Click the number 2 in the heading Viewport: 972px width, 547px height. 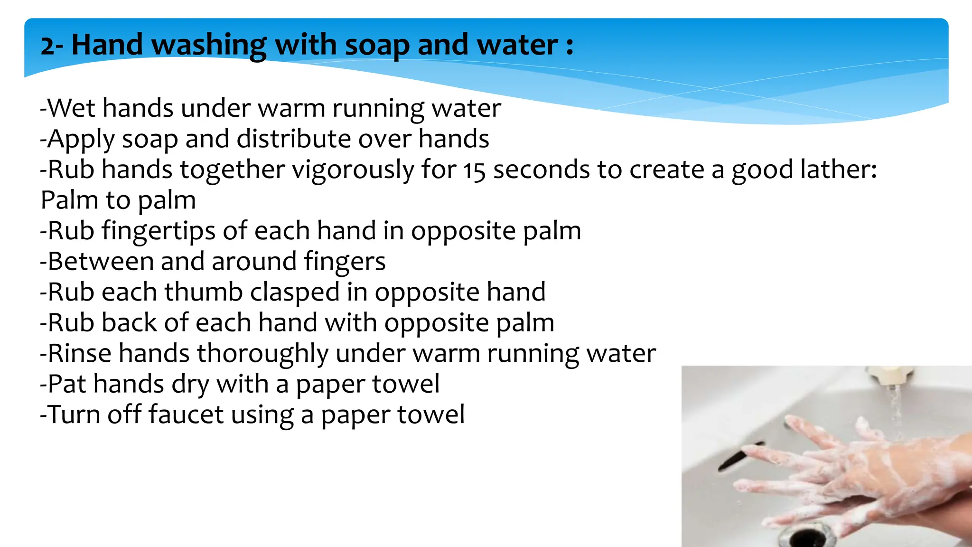(47, 47)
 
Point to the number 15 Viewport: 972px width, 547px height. (474, 171)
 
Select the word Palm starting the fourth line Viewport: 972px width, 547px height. (64, 200)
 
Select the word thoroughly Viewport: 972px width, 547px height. (262, 354)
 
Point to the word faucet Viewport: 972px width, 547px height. (186, 415)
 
